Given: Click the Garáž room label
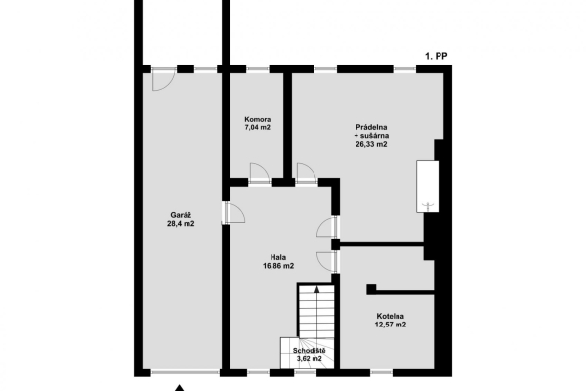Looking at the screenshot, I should (x=181, y=214).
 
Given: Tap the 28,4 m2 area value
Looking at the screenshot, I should (x=181, y=224).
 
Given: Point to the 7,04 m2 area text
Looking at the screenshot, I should (x=258, y=128).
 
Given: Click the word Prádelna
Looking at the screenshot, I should (x=371, y=126).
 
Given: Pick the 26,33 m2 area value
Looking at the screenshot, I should (x=371, y=144).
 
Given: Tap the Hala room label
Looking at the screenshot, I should (x=278, y=256).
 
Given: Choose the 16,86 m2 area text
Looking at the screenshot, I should (x=278, y=266).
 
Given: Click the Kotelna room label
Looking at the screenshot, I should (x=392, y=315).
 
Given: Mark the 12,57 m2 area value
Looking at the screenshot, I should (x=392, y=325).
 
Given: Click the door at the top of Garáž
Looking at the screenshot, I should (x=165, y=77).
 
